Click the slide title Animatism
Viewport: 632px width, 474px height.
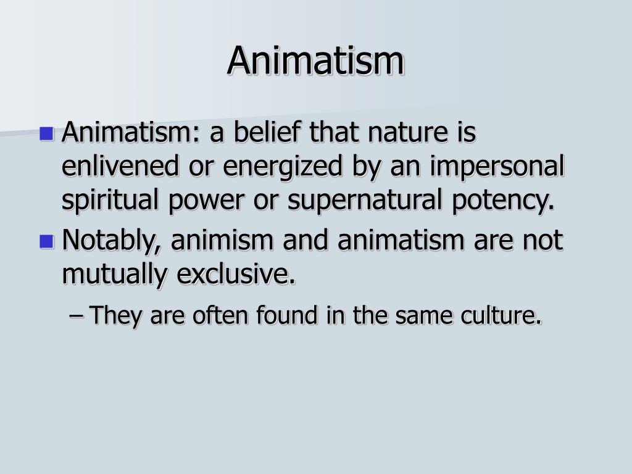pos(316,61)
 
